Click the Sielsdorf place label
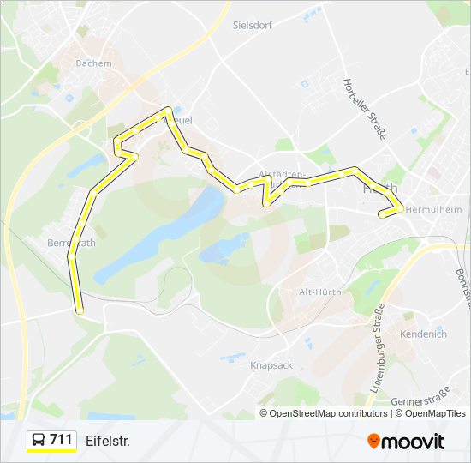point(252,25)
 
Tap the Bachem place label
point(94,63)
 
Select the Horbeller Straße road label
point(365,109)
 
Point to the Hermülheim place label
point(433,209)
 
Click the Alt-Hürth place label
point(319,292)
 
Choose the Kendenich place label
point(424,334)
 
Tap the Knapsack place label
point(271,365)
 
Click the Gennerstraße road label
point(420,401)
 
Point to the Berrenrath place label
point(72,244)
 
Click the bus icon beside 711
point(39,441)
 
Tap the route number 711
point(61,440)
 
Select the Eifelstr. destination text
point(107,441)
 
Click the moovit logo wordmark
point(414,442)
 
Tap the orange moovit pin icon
point(373,442)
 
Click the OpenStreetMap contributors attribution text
point(328,413)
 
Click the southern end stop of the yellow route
point(80,310)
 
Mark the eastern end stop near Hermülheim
point(382,215)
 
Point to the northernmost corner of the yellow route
point(169,110)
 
